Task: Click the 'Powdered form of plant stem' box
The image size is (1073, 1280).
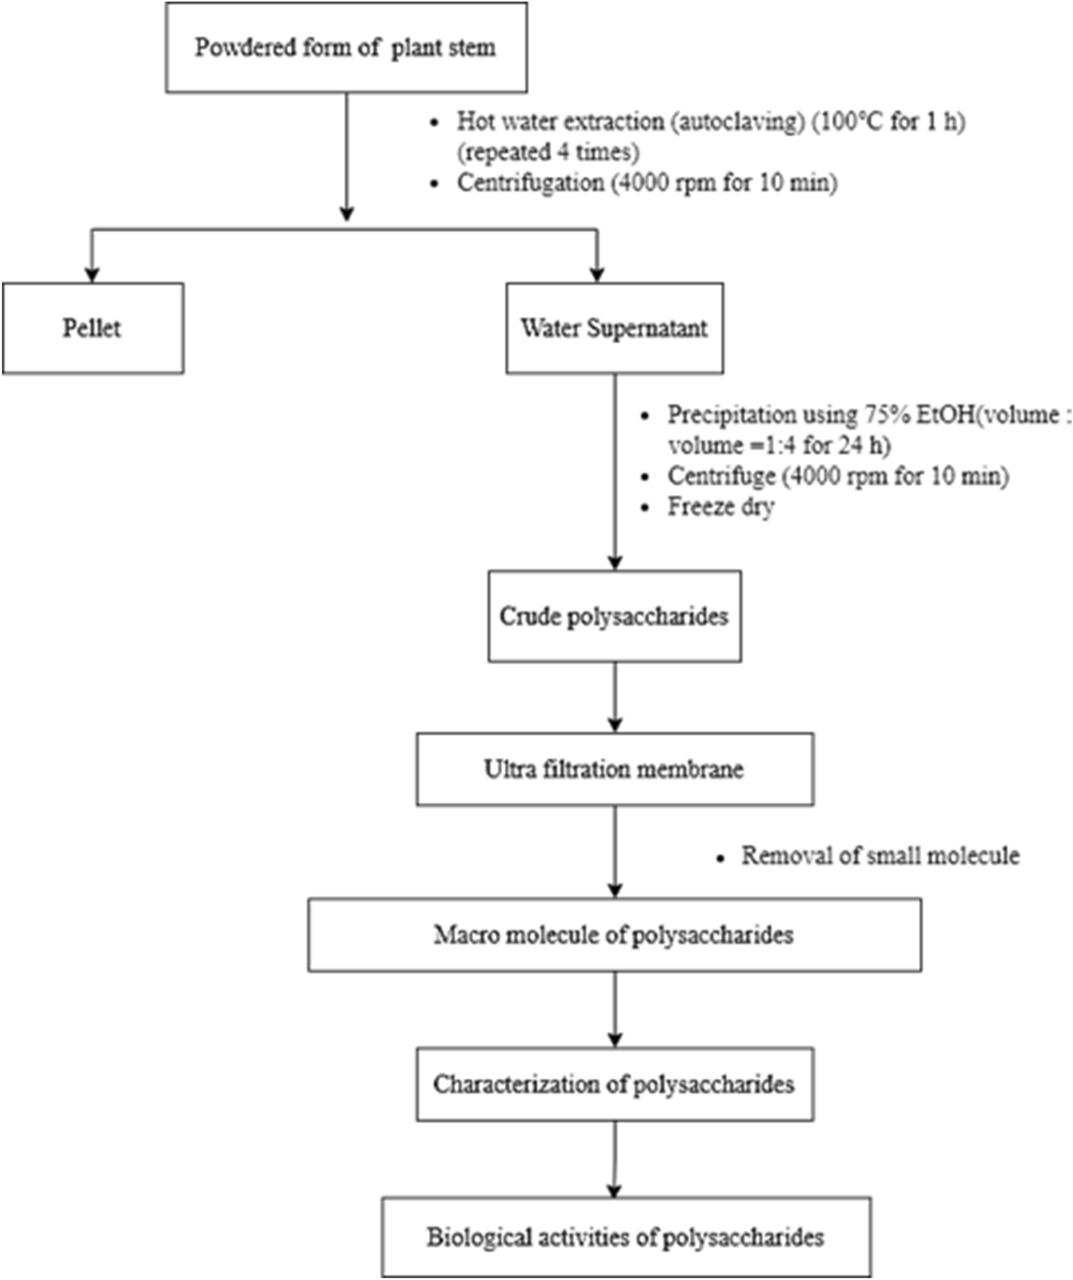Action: coord(346,48)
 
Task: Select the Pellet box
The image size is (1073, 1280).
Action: coord(93,328)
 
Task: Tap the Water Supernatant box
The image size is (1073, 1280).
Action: coord(615,328)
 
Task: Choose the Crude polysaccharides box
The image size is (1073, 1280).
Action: coord(615,616)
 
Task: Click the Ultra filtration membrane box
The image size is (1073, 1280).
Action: coord(615,769)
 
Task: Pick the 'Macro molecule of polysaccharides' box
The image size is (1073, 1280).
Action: coord(615,935)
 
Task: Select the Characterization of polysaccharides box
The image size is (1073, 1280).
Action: coord(615,1084)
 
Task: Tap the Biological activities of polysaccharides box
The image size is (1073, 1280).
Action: coord(626,1237)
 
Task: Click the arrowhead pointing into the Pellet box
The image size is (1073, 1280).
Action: coord(92,274)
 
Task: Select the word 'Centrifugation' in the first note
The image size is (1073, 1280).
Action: coord(530,183)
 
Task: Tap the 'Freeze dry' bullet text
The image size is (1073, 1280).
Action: coord(721,507)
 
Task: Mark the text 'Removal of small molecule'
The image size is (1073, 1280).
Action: coord(880,856)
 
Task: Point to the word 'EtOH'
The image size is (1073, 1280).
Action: coord(945,415)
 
